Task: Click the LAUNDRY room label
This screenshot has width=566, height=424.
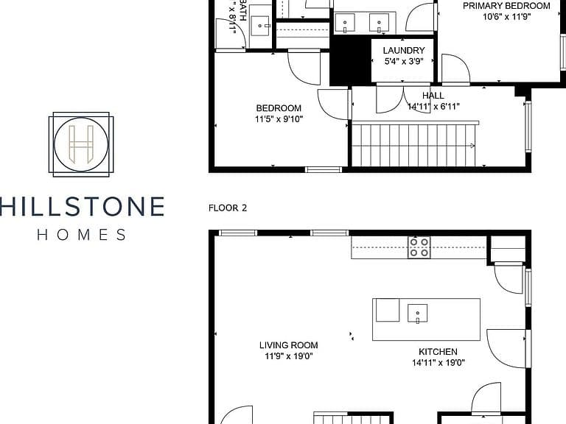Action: pos(404,51)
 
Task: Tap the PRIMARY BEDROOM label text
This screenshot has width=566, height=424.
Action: pos(506,6)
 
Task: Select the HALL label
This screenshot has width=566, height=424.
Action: pos(433,96)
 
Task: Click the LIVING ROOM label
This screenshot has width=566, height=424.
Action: pos(288,345)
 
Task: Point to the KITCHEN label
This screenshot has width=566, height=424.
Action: pos(438,352)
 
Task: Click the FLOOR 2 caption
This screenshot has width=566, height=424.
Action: pos(228,208)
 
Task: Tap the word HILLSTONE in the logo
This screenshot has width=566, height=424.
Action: pos(83,206)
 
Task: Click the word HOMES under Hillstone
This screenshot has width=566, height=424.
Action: pos(82,235)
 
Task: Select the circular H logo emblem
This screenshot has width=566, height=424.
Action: pos(81,144)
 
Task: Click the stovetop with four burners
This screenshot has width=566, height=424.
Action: pos(419,247)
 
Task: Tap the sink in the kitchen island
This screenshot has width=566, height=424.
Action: pos(418,313)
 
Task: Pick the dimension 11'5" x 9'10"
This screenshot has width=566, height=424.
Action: pos(279,119)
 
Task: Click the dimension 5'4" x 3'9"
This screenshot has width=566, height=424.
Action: pos(404,61)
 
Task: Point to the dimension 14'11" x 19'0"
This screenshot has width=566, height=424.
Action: pos(439,362)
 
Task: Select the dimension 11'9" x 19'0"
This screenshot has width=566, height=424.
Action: pos(288,356)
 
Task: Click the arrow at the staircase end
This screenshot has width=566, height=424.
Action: pos(472,146)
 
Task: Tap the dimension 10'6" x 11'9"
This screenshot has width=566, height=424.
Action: pos(507,17)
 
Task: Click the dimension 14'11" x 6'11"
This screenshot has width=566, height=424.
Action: pos(433,106)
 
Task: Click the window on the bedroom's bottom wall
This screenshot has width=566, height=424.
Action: pos(324,169)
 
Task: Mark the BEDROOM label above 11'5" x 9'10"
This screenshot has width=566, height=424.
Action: pos(279,108)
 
